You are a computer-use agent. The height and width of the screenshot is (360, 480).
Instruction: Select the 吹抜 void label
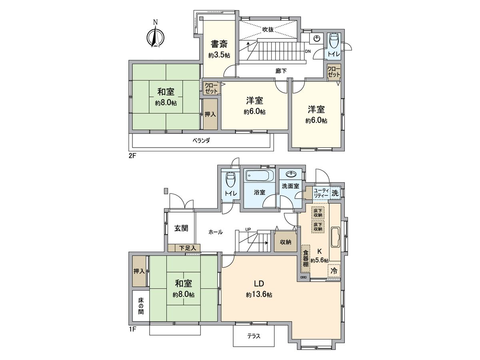coord(268,29)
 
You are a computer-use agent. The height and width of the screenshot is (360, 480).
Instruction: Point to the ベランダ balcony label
coord(201,140)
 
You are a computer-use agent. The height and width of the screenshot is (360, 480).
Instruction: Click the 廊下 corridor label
coord(281,70)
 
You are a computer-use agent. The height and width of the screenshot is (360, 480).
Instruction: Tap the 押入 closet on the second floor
coord(210,114)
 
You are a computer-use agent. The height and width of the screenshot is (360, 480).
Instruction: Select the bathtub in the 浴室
coord(259,176)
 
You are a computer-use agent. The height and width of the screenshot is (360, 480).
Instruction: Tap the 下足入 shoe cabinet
coord(184,248)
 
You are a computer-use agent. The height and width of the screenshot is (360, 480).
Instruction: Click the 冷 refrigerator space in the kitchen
coord(334,270)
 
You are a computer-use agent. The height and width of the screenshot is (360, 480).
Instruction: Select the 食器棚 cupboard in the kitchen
coord(305,258)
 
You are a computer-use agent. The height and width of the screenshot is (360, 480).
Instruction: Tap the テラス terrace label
coord(254,336)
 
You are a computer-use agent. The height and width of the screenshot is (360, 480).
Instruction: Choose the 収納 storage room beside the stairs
coord(285,242)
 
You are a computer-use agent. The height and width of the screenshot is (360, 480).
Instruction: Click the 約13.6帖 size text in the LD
coord(259,295)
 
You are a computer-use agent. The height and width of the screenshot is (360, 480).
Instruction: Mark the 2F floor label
coord(133,156)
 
